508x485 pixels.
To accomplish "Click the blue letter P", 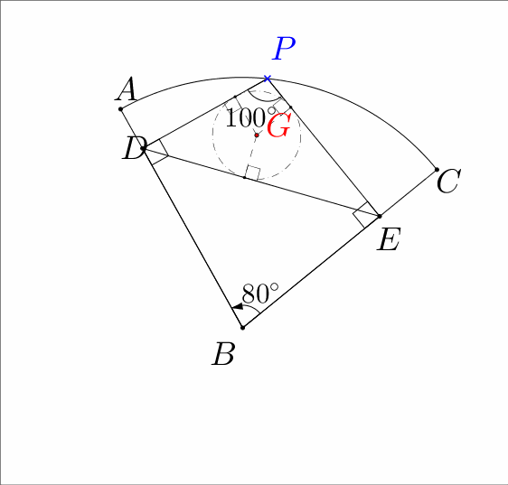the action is [284, 48].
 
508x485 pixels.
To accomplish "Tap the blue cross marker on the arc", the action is [267, 79].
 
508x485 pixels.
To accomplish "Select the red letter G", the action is [278, 126].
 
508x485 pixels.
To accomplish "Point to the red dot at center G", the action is [257, 135].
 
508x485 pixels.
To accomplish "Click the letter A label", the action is [126, 89].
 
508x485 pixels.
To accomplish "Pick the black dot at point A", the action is [120, 109].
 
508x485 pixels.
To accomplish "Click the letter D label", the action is [134, 148].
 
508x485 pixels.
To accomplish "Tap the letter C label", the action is [448, 182].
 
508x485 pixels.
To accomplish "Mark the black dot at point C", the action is [437, 170].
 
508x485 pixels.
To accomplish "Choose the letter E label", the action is [389, 239].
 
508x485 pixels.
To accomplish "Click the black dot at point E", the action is [380, 216].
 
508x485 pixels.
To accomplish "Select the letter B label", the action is [223, 354].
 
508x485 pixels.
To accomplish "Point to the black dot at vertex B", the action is [242, 328].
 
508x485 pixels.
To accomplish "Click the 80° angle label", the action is [260, 294].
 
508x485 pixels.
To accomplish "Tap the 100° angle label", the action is [250, 117].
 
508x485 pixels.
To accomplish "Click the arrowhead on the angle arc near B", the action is [238, 306].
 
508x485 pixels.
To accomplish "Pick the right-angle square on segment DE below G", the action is [253, 173].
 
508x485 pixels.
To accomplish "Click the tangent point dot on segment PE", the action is [290, 107].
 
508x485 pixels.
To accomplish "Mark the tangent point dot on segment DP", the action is [235, 97].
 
